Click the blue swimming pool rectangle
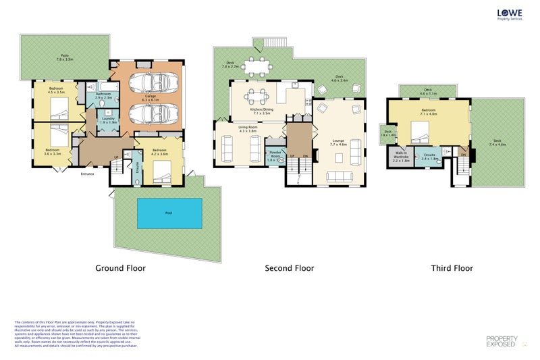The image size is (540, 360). (169, 213)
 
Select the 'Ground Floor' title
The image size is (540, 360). (119, 268)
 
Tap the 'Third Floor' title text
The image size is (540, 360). (452, 268)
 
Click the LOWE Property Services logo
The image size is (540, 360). (511, 14)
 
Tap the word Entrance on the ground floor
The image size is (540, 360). (87, 174)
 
